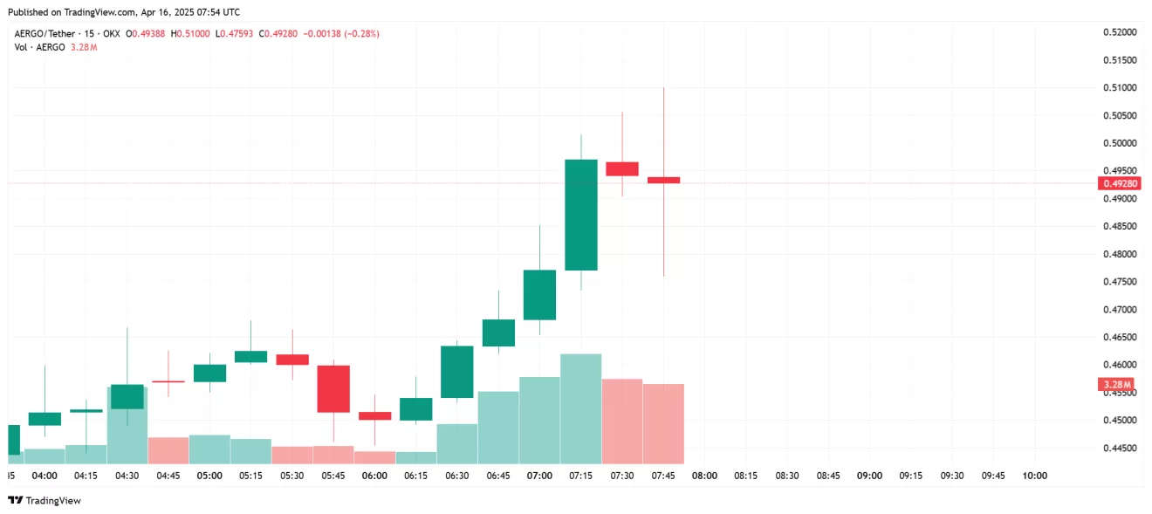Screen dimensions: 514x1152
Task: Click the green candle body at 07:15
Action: point(581,215)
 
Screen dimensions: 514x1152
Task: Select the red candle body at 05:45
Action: point(333,388)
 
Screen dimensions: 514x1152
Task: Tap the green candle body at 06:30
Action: point(457,372)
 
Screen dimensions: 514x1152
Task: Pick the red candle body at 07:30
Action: point(622,168)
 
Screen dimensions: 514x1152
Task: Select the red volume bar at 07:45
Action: point(663,423)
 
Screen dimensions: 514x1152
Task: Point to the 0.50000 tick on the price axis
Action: point(1120,143)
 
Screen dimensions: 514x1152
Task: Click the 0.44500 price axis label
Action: point(1120,448)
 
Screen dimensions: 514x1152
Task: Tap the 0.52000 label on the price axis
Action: point(1120,32)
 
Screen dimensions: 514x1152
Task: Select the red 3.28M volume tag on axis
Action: point(1116,384)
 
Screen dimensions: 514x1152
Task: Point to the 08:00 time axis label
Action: point(704,476)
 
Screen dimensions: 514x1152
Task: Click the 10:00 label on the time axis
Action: point(1034,476)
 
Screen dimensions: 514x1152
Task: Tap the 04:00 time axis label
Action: point(45,476)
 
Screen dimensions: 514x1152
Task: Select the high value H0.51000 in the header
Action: point(190,33)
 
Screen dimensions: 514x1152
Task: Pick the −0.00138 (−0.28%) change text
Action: point(340,33)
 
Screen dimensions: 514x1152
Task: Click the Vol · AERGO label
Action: point(39,46)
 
